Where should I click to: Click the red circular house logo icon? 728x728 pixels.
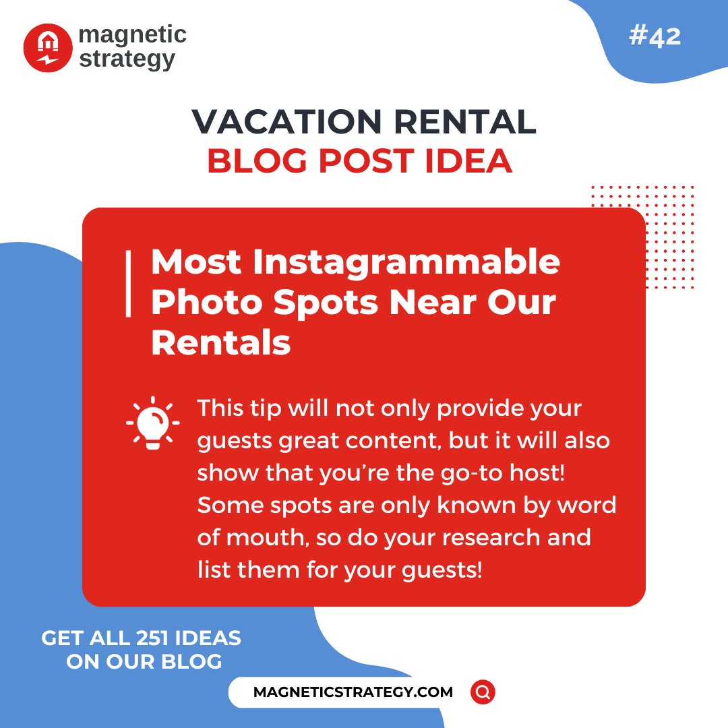[x=48, y=48]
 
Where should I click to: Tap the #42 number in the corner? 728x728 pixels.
[x=655, y=37]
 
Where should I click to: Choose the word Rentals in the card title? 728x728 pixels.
[x=220, y=343]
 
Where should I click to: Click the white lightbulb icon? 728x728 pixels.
[x=153, y=423]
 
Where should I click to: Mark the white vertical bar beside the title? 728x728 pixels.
[x=127, y=284]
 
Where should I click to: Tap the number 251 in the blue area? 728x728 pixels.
[x=163, y=638]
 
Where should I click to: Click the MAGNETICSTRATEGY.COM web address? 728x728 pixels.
[x=353, y=692]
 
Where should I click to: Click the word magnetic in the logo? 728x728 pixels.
[x=132, y=35]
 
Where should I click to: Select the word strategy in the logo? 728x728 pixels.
[x=127, y=59]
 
